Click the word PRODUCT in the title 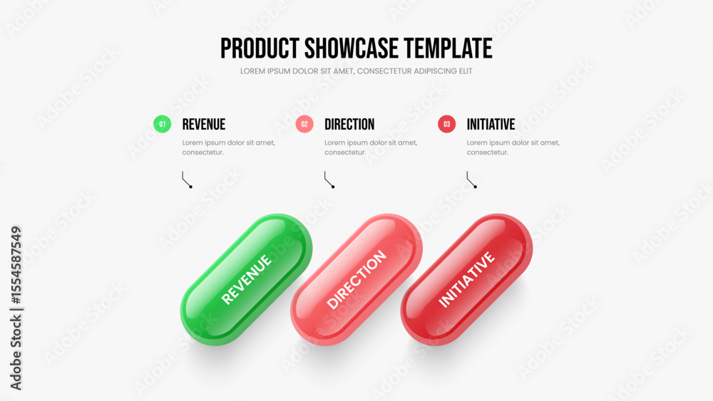point(260,48)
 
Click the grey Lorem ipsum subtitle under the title point(356,71)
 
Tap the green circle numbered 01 point(163,124)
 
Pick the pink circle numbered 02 point(304,124)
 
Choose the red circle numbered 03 point(446,124)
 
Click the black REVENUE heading point(204,125)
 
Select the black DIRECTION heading point(349,125)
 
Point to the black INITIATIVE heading point(491,125)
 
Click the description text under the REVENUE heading point(229,147)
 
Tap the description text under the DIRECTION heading point(371,147)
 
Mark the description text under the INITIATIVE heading point(513,147)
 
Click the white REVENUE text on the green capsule point(247,278)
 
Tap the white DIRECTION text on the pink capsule point(356,280)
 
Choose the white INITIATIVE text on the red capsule point(466,280)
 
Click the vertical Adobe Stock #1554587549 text point(16,308)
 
